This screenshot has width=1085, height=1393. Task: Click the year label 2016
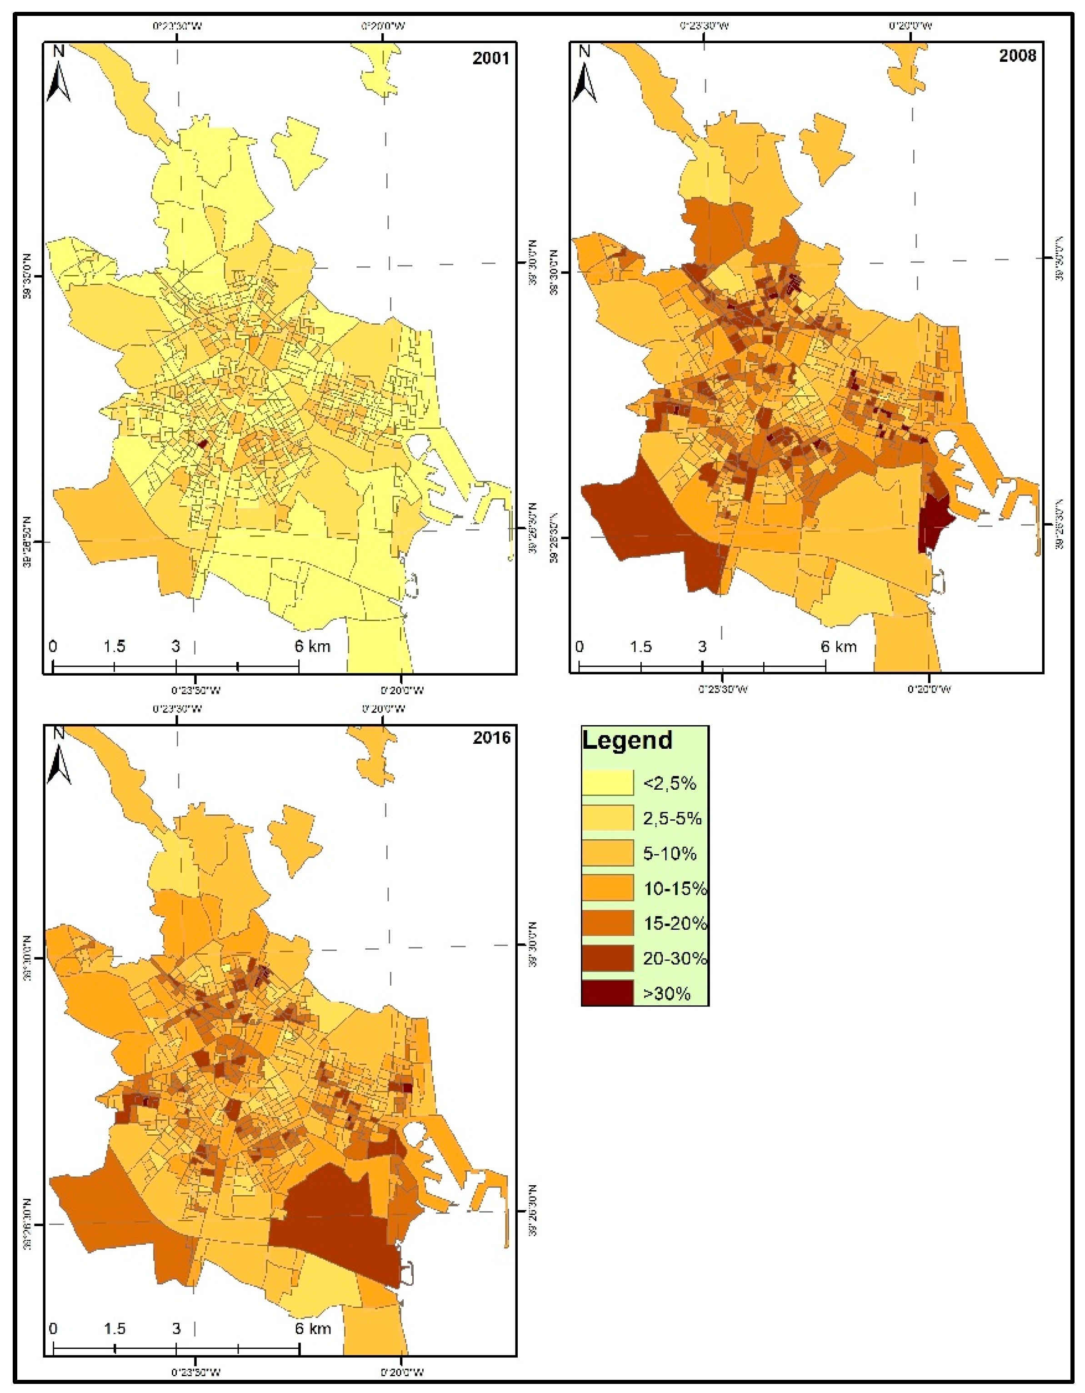click(x=491, y=738)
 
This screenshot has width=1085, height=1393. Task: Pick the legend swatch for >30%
click(x=607, y=993)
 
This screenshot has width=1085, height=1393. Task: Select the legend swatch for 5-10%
click(x=607, y=853)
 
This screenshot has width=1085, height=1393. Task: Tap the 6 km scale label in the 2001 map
click(x=313, y=646)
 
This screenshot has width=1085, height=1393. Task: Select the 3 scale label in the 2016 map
click(x=176, y=1328)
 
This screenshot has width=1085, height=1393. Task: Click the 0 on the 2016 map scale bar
click(x=53, y=1328)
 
